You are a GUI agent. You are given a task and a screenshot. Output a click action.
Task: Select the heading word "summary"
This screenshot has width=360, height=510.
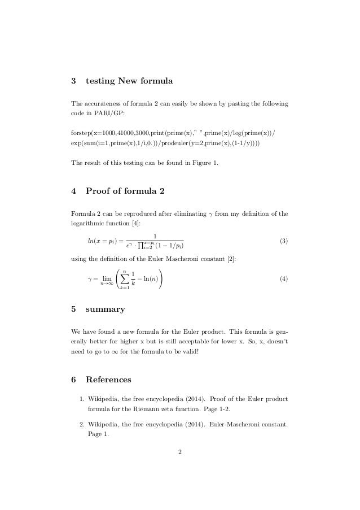[105, 310]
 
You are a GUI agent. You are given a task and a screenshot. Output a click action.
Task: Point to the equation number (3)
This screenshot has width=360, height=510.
[284, 241]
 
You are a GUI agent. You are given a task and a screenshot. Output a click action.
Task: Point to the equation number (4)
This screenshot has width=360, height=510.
[284, 279]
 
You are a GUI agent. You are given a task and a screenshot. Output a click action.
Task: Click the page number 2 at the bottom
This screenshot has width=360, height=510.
[179, 451]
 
